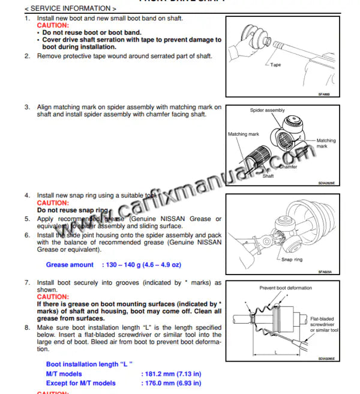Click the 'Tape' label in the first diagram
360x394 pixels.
click(275, 65)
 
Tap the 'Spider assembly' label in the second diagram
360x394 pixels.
click(267, 111)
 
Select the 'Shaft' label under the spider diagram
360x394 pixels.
click(268, 176)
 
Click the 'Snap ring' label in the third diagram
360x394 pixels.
click(292, 259)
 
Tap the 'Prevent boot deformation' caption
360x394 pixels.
click(285, 288)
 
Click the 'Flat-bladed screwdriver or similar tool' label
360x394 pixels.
click(325, 324)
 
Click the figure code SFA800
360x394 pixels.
click(325, 94)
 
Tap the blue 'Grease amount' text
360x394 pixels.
click(70, 265)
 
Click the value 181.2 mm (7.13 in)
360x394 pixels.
click(171, 374)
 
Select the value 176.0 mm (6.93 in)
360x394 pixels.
click(171, 383)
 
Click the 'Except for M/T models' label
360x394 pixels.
click(80, 383)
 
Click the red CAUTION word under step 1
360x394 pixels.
click(53, 26)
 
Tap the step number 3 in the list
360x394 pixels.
click(27, 108)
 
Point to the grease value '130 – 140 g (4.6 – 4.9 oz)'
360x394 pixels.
click(143, 265)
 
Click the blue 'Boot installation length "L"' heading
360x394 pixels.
click(89, 364)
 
